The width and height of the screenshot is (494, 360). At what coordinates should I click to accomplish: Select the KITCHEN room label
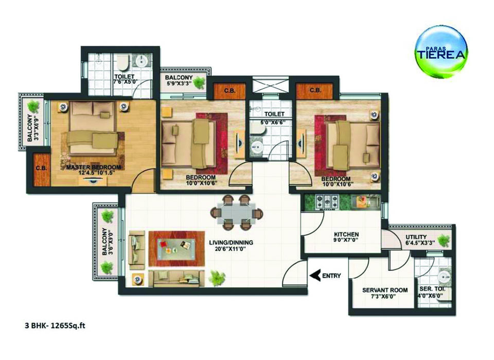(x=346, y=234)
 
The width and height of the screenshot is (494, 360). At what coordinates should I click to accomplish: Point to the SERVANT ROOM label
(x=384, y=290)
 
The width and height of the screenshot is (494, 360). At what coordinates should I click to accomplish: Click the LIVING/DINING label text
(x=231, y=243)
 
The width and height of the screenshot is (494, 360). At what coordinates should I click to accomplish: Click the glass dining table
(x=237, y=212)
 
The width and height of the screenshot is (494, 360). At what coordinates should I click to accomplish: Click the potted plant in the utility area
(x=444, y=239)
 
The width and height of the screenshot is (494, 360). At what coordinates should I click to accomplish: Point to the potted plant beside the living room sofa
(x=217, y=279)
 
